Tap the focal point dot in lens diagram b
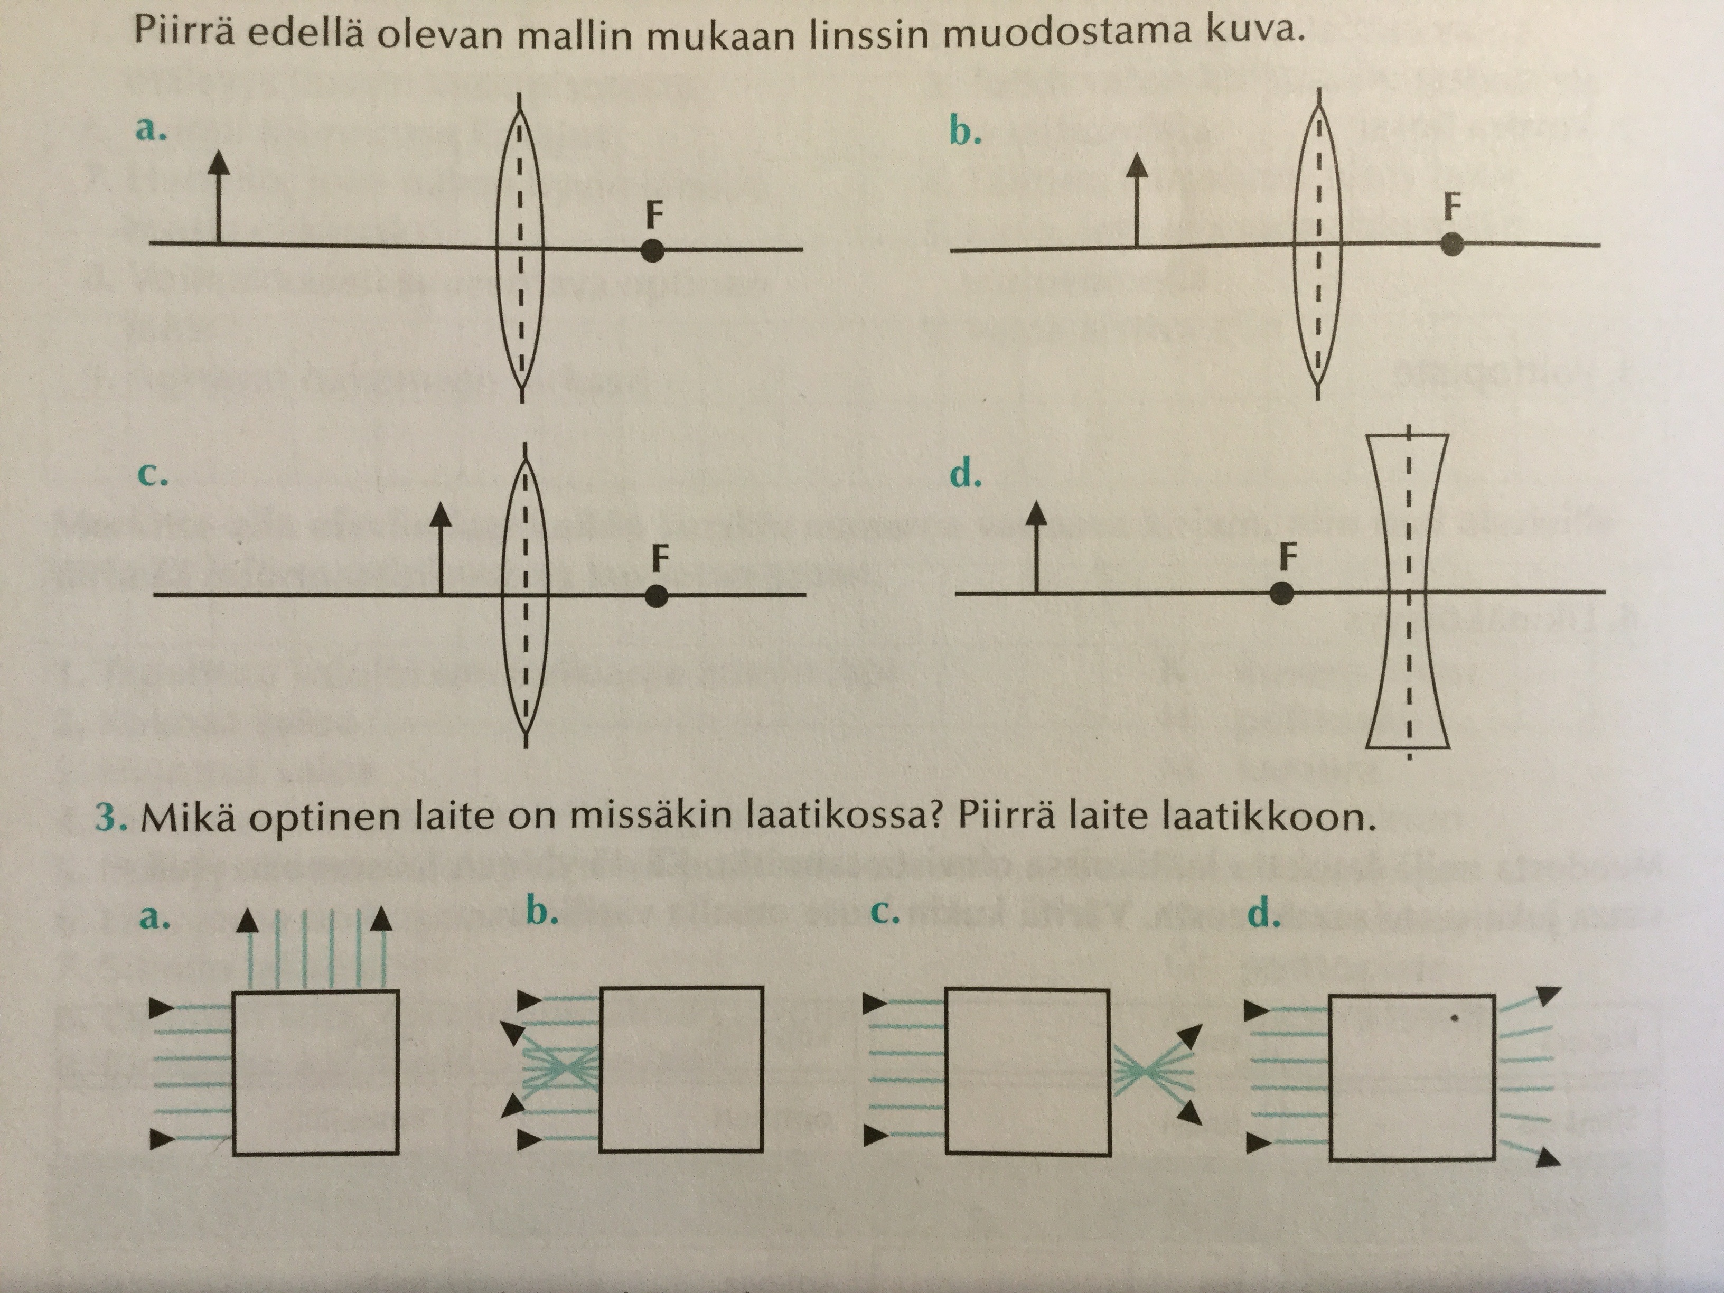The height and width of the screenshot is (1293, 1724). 1452,244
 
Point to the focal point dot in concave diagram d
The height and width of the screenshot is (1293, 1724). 1281,594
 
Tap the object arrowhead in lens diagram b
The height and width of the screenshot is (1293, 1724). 1139,164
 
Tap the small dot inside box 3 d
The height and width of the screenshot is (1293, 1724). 1454,1018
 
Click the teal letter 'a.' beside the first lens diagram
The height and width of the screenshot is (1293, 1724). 151,129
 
